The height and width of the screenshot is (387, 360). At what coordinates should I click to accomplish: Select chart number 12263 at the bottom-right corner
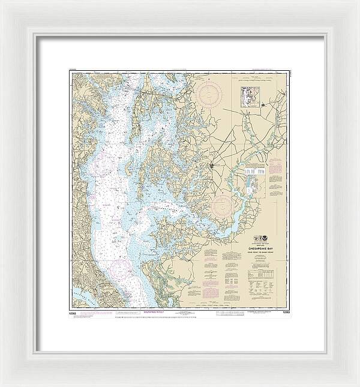point(284,312)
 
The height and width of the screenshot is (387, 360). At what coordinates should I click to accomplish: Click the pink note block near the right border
point(275,172)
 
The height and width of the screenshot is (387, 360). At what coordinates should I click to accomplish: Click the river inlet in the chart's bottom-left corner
point(81,295)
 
